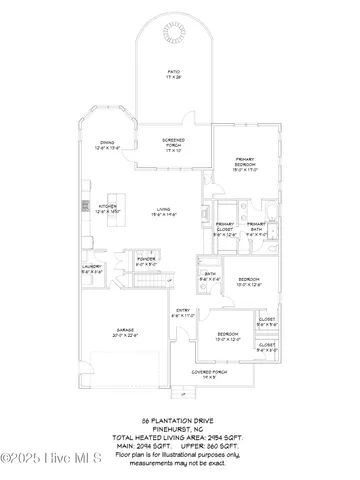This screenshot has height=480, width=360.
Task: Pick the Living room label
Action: (x=164, y=212)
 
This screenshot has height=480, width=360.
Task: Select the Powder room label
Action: (x=146, y=262)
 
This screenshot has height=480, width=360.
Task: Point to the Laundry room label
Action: (x=91, y=268)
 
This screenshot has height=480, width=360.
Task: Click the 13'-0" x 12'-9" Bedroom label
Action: (x=249, y=281)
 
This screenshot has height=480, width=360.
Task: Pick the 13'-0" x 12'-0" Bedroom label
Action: (x=228, y=336)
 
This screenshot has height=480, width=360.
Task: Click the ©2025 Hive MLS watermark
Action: (x=45, y=460)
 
